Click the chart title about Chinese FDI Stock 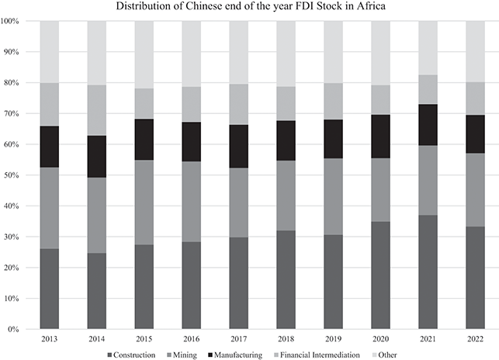pyautogui.click(x=249, y=7)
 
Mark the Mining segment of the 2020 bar pyautogui.click(x=381, y=190)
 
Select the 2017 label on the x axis pyautogui.click(x=239, y=339)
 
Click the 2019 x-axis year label pyautogui.click(x=334, y=339)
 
